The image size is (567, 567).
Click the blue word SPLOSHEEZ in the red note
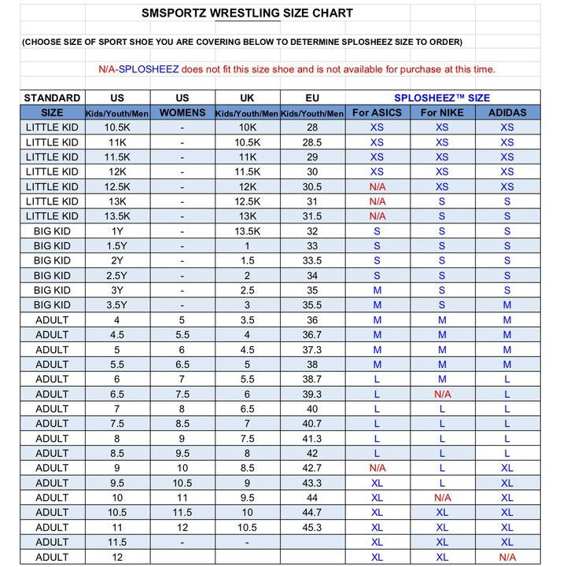tap(149, 69)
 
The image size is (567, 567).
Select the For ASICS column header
tap(377, 112)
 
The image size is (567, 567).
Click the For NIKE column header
tap(442, 112)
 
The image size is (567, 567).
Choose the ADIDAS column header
tap(507, 112)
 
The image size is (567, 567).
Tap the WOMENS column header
tap(182, 112)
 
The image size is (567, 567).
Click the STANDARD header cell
tap(52, 98)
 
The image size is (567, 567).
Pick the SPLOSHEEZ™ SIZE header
tap(442, 98)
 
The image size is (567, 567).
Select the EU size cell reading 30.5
tap(312, 186)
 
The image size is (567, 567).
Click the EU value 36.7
tap(312, 335)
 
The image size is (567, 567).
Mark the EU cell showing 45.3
tap(312, 528)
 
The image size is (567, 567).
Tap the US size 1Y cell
tap(117, 231)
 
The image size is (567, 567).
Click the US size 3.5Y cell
tap(117, 305)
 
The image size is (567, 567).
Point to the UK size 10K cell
tap(247, 127)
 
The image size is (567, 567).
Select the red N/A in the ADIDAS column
tap(507, 557)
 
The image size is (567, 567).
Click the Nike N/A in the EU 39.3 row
tap(442, 394)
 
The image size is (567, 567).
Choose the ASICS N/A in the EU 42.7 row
tap(377, 468)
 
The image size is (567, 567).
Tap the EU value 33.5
tap(312, 260)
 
